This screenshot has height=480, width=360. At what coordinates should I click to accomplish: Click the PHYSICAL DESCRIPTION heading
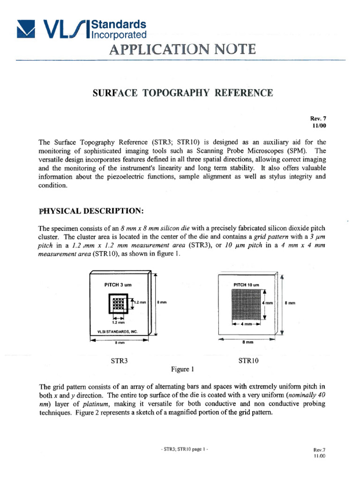coord(90,211)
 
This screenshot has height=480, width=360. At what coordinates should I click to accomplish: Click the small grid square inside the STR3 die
coord(117,305)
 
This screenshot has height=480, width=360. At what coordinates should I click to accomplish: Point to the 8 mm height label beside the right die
coord(290,303)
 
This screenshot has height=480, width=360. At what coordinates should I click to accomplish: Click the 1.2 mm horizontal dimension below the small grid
coord(118,322)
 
